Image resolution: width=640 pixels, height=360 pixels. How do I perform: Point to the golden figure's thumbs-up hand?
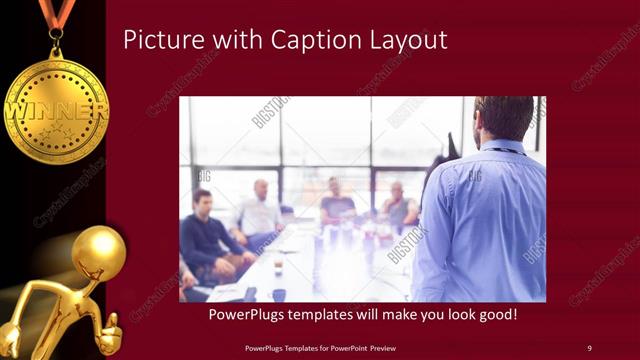[x=111, y=328]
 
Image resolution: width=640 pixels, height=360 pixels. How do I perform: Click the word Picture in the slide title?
[x=159, y=41]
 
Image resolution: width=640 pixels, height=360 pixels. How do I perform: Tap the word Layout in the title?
[x=406, y=41]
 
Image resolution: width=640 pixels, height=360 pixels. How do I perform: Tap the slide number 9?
[x=589, y=348]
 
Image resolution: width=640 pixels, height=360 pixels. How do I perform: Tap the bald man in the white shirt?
[x=259, y=211]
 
